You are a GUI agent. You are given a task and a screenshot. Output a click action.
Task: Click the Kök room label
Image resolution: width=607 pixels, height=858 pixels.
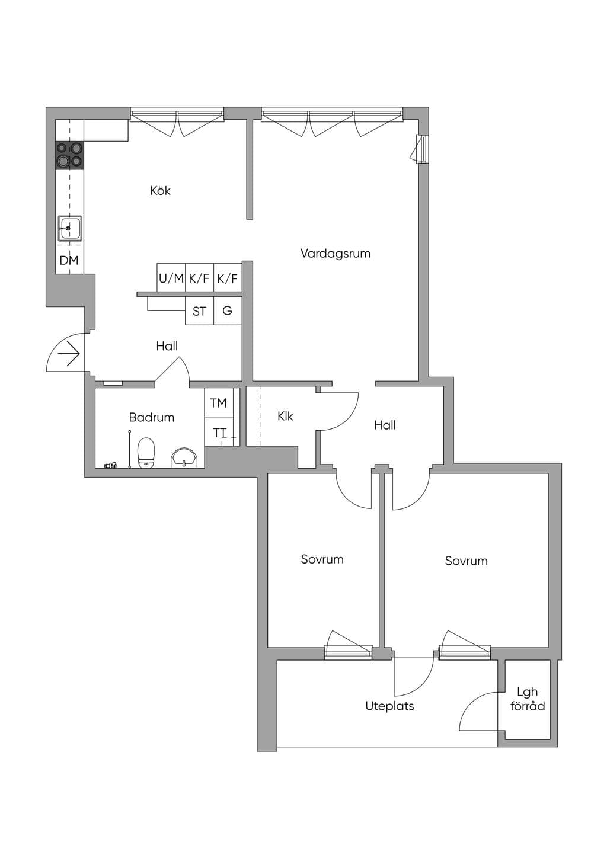(x=160, y=190)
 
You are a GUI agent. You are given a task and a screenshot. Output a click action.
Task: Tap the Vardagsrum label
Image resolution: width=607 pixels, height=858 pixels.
(x=336, y=254)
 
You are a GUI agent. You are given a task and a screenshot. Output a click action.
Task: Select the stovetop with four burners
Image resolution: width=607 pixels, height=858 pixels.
(x=70, y=155)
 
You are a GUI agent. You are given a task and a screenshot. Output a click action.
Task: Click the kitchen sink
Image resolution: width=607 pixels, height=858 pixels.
(x=70, y=229)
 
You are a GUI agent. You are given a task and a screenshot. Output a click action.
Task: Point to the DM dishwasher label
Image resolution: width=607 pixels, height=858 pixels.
(x=69, y=261)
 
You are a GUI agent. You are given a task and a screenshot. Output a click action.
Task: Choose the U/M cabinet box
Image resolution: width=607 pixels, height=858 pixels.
(x=171, y=278)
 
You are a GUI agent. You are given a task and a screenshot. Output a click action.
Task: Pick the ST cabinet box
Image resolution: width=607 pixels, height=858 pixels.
(x=199, y=310)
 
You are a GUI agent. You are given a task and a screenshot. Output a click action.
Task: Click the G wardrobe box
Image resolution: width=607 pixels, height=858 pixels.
(x=228, y=310)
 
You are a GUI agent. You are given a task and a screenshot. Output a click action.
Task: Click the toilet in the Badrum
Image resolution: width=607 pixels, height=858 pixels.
(x=146, y=453)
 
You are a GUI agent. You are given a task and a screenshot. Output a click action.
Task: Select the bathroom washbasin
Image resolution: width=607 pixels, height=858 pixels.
(x=184, y=458)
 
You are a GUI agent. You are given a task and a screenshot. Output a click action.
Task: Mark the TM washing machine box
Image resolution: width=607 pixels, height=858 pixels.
(x=219, y=402)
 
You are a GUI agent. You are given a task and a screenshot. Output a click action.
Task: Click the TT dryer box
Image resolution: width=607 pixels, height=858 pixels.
(x=219, y=432)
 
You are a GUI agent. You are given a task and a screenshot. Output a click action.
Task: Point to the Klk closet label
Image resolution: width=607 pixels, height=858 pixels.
(x=285, y=416)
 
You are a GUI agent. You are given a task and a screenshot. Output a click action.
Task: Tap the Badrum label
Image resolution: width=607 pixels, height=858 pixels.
(x=151, y=417)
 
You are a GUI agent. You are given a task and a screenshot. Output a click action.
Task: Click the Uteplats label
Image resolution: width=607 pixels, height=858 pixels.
(x=389, y=706)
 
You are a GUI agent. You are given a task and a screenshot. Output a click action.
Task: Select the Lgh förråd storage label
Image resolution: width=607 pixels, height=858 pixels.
(x=528, y=699)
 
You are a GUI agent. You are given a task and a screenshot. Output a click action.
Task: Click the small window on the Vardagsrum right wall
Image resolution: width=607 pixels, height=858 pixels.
(x=422, y=149)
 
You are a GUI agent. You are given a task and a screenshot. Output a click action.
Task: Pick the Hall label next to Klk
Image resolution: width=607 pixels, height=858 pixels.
(x=385, y=425)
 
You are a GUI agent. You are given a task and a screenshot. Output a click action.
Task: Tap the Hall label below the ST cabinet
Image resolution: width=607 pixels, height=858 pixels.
(x=167, y=346)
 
